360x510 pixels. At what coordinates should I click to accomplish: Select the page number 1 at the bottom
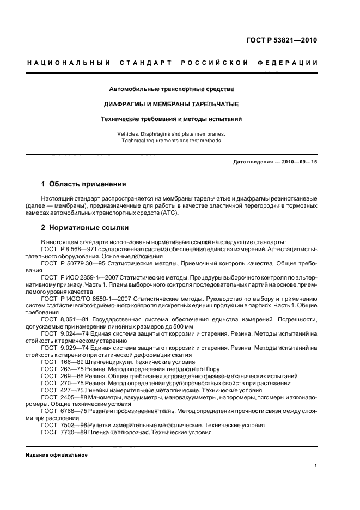[x=316, y=465]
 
